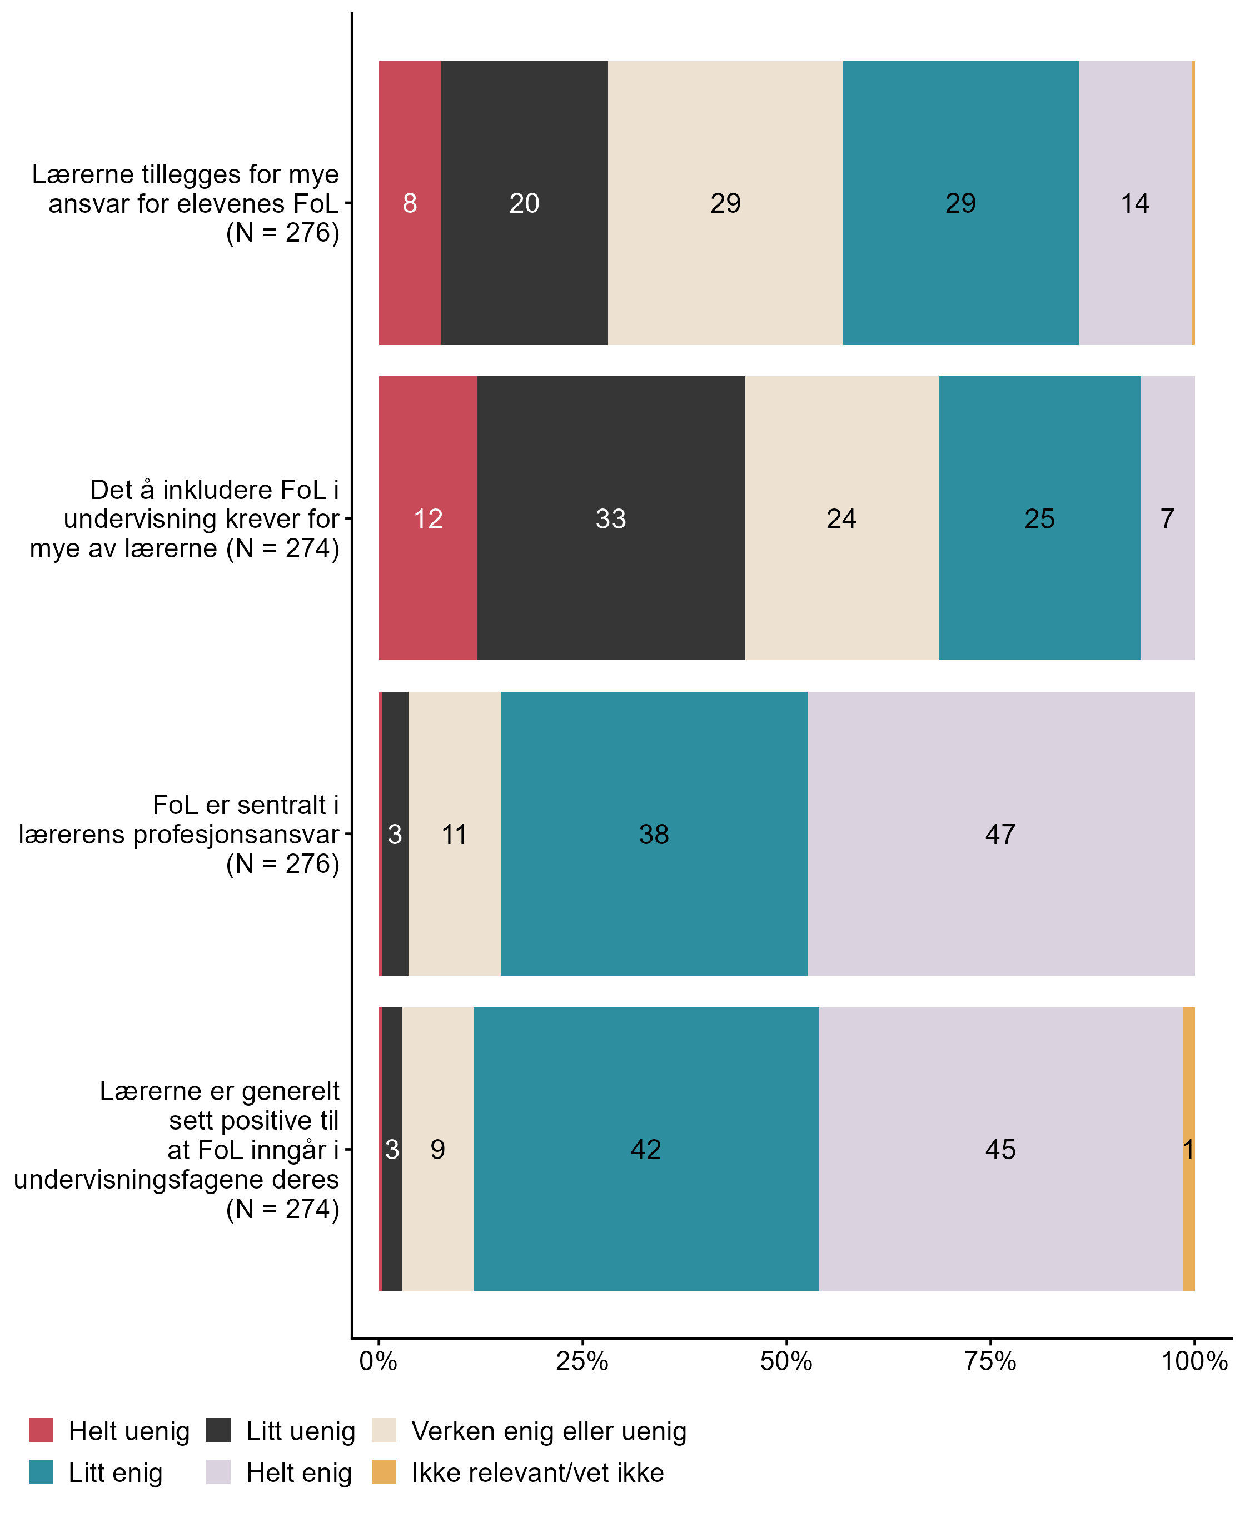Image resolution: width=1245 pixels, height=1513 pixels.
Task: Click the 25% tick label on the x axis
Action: (x=581, y=1360)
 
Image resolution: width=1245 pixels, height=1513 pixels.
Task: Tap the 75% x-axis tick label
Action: (x=990, y=1360)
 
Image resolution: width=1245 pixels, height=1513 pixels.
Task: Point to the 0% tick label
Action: (x=378, y=1360)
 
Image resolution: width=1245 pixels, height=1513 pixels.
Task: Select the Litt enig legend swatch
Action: (x=41, y=1471)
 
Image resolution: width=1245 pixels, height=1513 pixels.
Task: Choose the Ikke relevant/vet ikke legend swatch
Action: (x=384, y=1471)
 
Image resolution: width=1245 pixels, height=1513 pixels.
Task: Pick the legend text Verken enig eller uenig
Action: (x=549, y=1431)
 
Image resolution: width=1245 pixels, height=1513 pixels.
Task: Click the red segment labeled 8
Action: (x=410, y=203)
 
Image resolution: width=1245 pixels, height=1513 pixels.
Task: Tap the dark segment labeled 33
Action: (x=610, y=518)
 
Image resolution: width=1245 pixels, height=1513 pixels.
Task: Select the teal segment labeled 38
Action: (x=653, y=833)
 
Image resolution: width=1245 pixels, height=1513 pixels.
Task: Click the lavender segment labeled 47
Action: (x=1000, y=833)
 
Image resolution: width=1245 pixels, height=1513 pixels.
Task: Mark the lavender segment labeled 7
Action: (x=1168, y=518)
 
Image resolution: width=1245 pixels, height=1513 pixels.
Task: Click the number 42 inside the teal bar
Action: (x=645, y=1150)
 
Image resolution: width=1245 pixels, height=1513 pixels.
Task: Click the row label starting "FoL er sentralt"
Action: (x=180, y=834)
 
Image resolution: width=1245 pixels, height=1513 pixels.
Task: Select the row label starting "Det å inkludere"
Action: (x=185, y=518)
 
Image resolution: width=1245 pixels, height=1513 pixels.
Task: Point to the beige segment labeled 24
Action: (x=841, y=518)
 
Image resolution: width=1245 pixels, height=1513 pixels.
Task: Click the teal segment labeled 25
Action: (x=1039, y=518)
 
